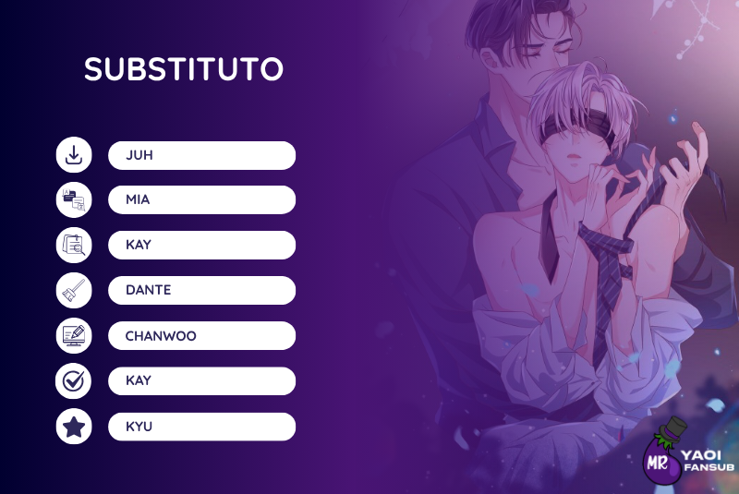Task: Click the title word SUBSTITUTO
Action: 184,68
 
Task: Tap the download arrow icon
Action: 74,154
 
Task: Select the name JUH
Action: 139,155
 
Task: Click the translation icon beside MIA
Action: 74,199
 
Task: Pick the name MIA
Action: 138,199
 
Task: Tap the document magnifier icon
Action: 74,245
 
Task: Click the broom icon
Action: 74,290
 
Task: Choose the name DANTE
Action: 149,290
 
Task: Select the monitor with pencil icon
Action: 74,336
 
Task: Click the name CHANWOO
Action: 161,336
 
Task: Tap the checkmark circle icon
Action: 74,381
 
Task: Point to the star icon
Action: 74,427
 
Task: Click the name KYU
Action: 139,427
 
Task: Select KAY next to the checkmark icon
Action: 139,380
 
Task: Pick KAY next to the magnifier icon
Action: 139,245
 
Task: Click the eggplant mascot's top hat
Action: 672,428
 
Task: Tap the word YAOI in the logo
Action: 701,455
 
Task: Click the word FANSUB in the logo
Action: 709,467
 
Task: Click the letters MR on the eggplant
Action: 657,464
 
